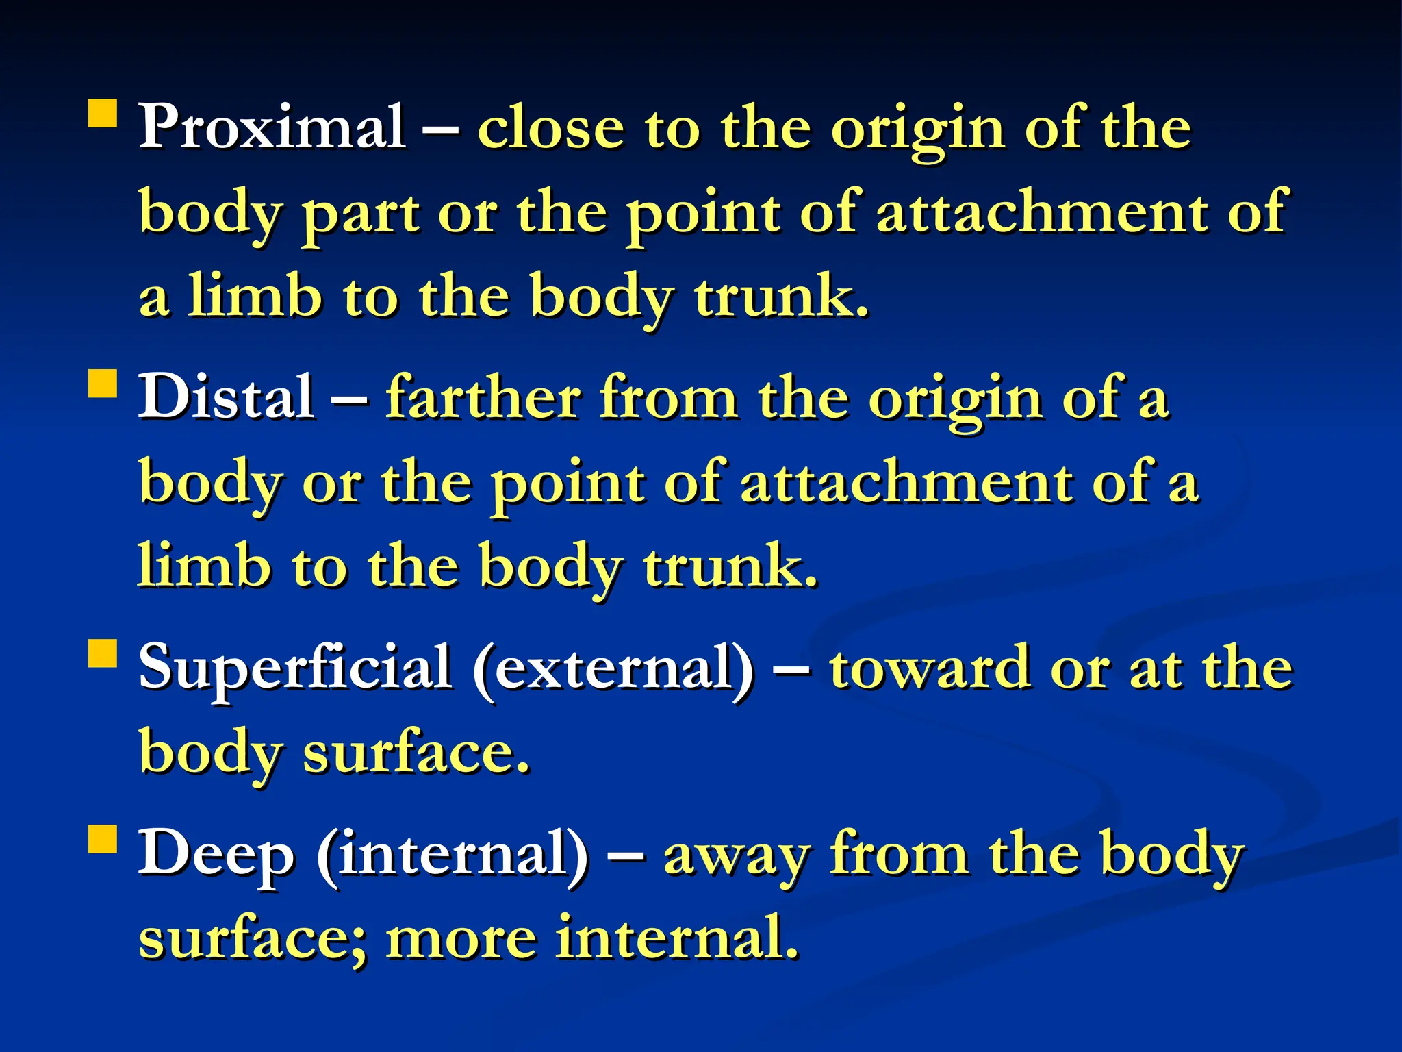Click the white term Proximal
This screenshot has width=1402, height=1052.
(271, 127)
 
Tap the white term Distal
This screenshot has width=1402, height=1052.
(226, 397)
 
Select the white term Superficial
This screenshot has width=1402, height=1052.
(294, 667)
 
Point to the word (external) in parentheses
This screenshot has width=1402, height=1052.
(613, 667)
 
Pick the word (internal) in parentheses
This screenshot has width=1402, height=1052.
(452, 853)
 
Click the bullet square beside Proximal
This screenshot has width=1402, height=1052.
(103, 114)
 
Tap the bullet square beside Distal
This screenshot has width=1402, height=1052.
(103, 384)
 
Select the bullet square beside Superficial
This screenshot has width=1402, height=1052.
(103, 653)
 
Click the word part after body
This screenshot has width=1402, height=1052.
(361, 214)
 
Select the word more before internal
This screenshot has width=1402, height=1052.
(461, 938)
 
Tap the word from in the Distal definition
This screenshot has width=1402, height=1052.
(668, 397)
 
